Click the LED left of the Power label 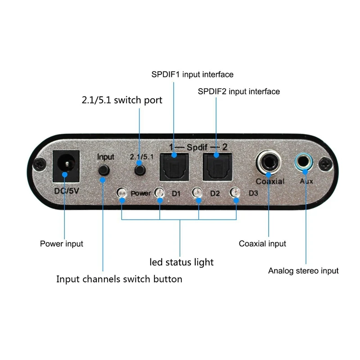pyautogui.click(x=121, y=193)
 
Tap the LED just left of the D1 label pyautogui.click(x=159, y=193)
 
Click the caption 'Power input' pyautogui.click(x=62, y=244)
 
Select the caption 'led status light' pyautogui.click(x=181, y=261)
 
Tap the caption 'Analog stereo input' pyautogui.click(x=303, y=270)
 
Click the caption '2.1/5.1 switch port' pyautogui.click(x=122, y=100)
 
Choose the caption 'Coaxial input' pyautogui.click(x=262, y=243)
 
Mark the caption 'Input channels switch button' pyautogui.click(x=119, y=279)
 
